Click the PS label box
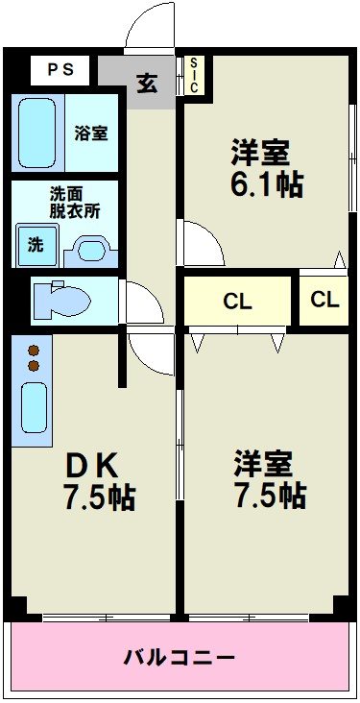coord(60,69)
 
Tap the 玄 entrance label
coord(146,83)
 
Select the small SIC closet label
coord(194,75)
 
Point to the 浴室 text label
coord(92,133)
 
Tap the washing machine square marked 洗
coord(36,244)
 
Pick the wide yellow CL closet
coord(237,302)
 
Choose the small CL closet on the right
coord(324,299)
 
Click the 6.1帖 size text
coord(266,185)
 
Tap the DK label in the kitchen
coord(91,466)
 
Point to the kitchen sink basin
coord(35,406)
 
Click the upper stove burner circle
coord(34,351)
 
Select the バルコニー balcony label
coord(180,658)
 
